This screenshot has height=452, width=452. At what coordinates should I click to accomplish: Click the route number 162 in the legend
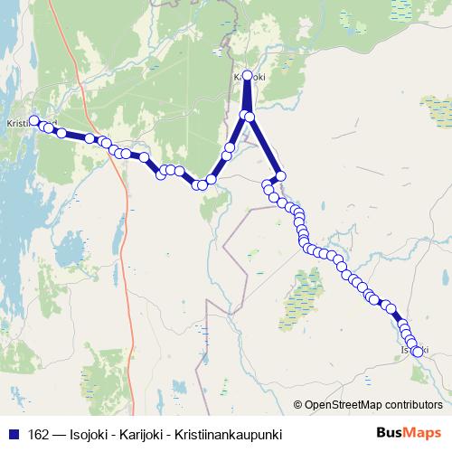click(40, 435)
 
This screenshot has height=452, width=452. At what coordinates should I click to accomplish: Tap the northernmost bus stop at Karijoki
click(248, 75)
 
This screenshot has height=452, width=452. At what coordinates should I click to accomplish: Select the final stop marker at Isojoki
click(418, 353)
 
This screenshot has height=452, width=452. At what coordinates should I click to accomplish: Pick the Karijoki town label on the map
click(252, 78)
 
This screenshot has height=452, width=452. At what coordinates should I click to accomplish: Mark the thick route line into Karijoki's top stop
click(247, 95)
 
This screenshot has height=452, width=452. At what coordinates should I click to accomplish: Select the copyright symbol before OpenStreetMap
click(299, 404)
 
